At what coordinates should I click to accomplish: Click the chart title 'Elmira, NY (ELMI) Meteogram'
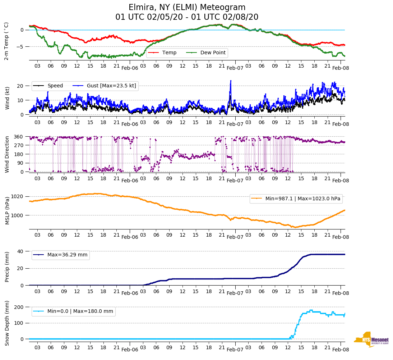click(187, 8)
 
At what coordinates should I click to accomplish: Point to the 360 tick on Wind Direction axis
click(19, 137)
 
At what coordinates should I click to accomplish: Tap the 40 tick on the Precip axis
click(21, 251)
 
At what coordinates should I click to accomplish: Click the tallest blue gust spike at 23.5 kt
click(231, 81)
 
